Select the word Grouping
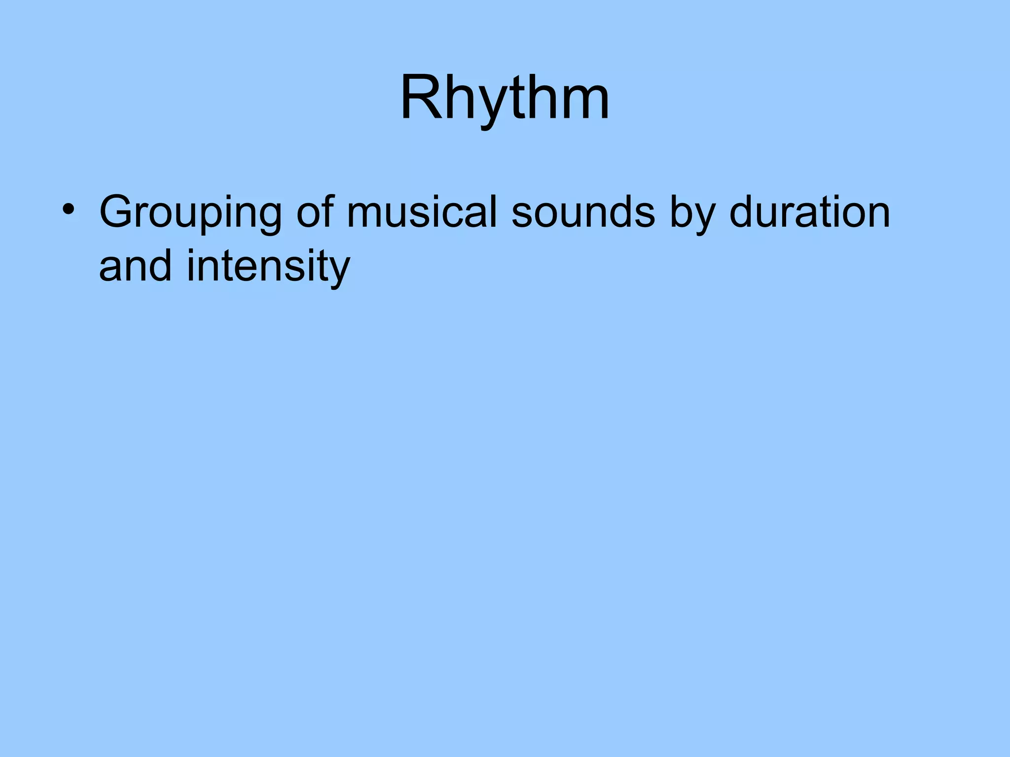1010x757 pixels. point(190,213)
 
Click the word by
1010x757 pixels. point(692,213)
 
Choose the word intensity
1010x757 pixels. point(268,266)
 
